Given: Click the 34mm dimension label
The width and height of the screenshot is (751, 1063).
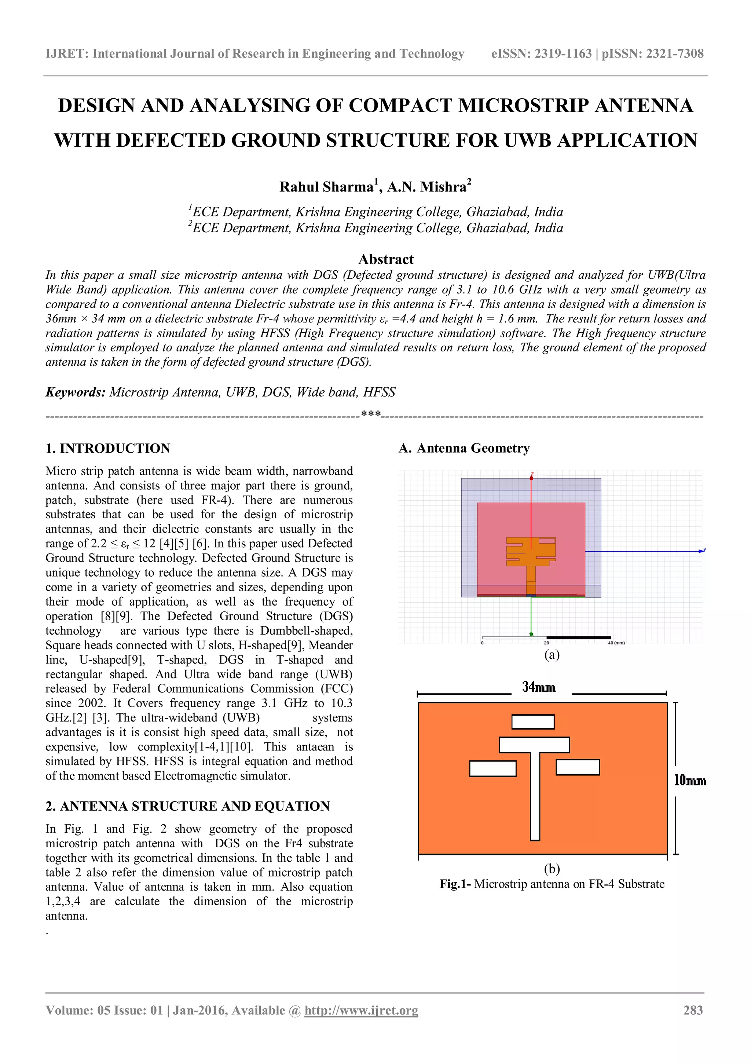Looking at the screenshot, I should point(539,687).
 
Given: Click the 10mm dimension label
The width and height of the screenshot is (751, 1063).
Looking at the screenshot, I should point(689,781).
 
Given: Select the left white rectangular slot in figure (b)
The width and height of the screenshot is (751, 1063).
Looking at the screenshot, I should point(492,768).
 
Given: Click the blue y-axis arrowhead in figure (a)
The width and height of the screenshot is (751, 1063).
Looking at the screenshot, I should point(701,551).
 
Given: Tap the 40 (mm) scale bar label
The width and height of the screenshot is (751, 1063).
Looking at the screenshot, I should point(616,643).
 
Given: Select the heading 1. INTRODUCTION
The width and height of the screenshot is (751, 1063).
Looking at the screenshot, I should point(108,448).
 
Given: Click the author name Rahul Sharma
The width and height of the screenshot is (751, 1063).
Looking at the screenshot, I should point(326,187).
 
